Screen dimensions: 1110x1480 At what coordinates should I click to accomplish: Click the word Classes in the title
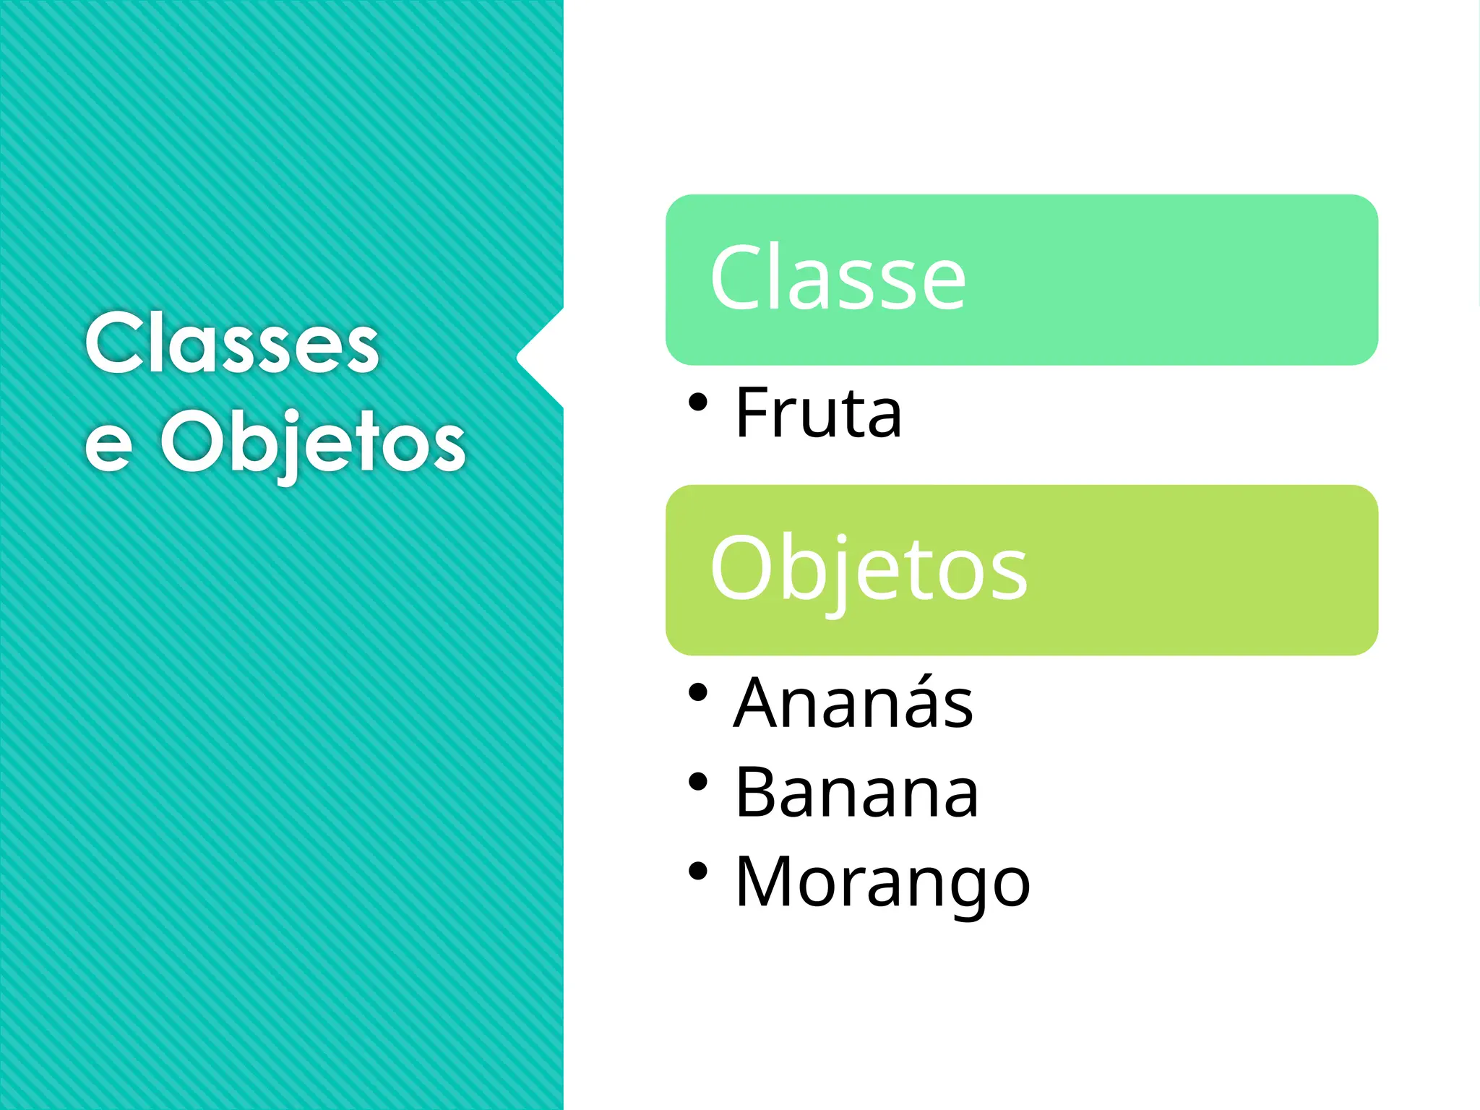click(231, 343)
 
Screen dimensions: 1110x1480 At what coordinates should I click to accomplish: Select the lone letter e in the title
click(109, 446)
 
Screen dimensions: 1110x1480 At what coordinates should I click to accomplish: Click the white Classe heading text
click(838, 278)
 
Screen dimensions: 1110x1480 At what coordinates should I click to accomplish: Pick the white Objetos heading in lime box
click(868, 569)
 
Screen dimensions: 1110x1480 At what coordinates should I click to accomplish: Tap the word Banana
click(856, 793)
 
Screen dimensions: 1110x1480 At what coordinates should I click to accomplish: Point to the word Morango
click(882, 882)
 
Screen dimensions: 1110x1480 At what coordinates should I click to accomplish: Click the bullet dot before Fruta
click(697, 402)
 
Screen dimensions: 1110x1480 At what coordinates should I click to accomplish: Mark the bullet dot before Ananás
click(697, 692)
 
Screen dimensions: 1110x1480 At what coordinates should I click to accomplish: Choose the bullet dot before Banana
click(697, 782)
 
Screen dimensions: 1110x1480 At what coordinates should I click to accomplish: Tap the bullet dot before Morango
click(697, 871)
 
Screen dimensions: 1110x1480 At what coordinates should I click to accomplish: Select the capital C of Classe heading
click(738, 278)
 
